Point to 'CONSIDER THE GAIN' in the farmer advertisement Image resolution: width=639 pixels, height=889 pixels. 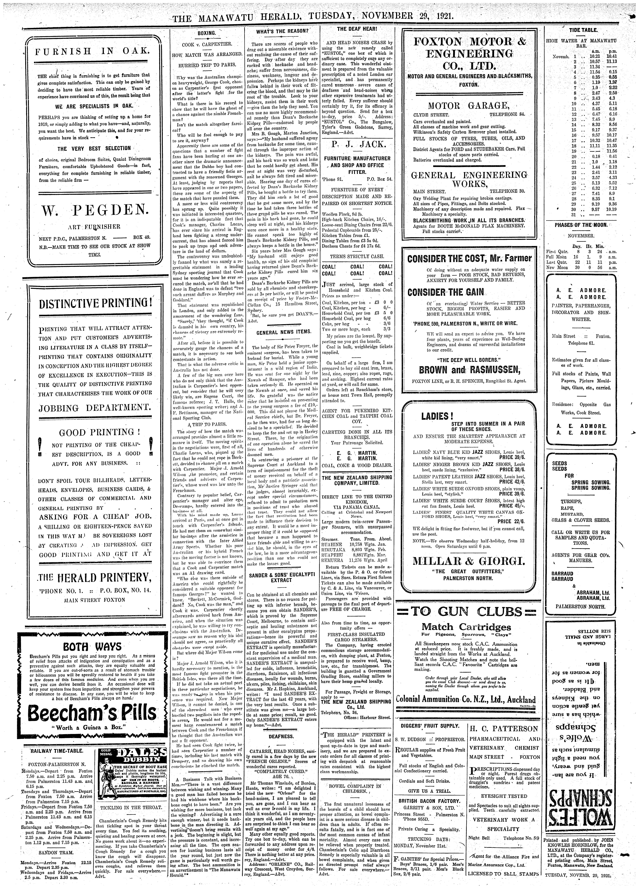click(446, 292)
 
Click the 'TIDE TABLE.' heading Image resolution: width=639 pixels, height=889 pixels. click(583, 30)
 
